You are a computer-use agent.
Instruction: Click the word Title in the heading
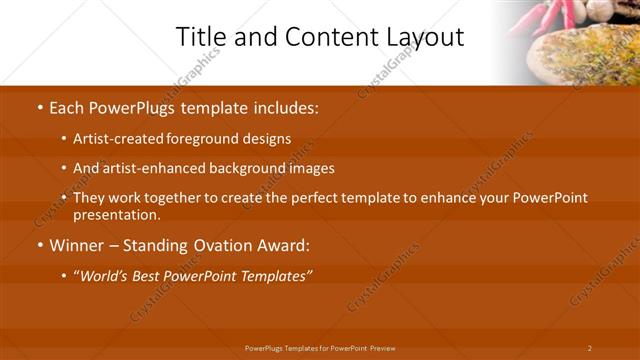pyautogui.click(x=199, y=37)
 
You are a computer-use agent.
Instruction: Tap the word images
pyautogui.click(x=309, y=168)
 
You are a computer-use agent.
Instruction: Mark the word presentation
pyautogui.click(x=115, y=214)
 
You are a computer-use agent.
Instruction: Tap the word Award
pyautogui.click(x=282, y=245)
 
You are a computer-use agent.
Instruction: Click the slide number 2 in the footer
pyautogui.click(x=589, y=348)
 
